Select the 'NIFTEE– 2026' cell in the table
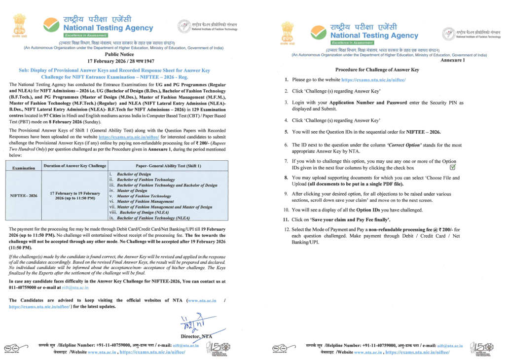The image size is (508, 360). point(24,195)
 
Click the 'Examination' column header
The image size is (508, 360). point(24,168)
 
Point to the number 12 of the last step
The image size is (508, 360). point(287,229)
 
